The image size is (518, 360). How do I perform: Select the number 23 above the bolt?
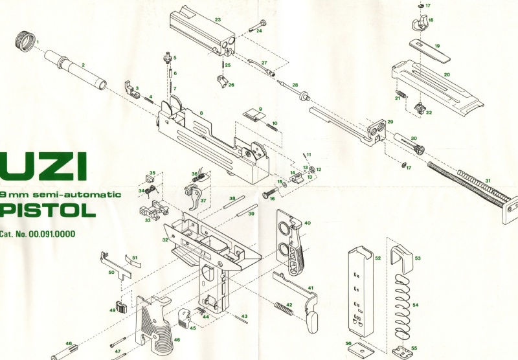pos(218,19)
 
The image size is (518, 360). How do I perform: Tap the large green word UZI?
pos(43,166)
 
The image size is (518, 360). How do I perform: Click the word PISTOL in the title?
pos(47,210)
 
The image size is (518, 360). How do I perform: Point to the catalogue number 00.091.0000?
pos(52,234)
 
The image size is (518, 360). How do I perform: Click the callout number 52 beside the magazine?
pos(378,258)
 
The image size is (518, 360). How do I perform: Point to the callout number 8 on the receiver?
pos(201,113)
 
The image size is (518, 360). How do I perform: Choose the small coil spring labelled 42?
pos(284,308)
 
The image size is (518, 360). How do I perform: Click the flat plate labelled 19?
pos(430,51)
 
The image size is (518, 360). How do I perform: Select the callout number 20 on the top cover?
pos(447,74)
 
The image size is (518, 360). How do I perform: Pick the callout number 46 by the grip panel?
pos(177,339)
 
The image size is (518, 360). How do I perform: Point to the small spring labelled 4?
pos(148,100)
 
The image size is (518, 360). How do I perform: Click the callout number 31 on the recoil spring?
pos(488,181)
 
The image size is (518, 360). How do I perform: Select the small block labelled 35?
pos(151,178)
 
